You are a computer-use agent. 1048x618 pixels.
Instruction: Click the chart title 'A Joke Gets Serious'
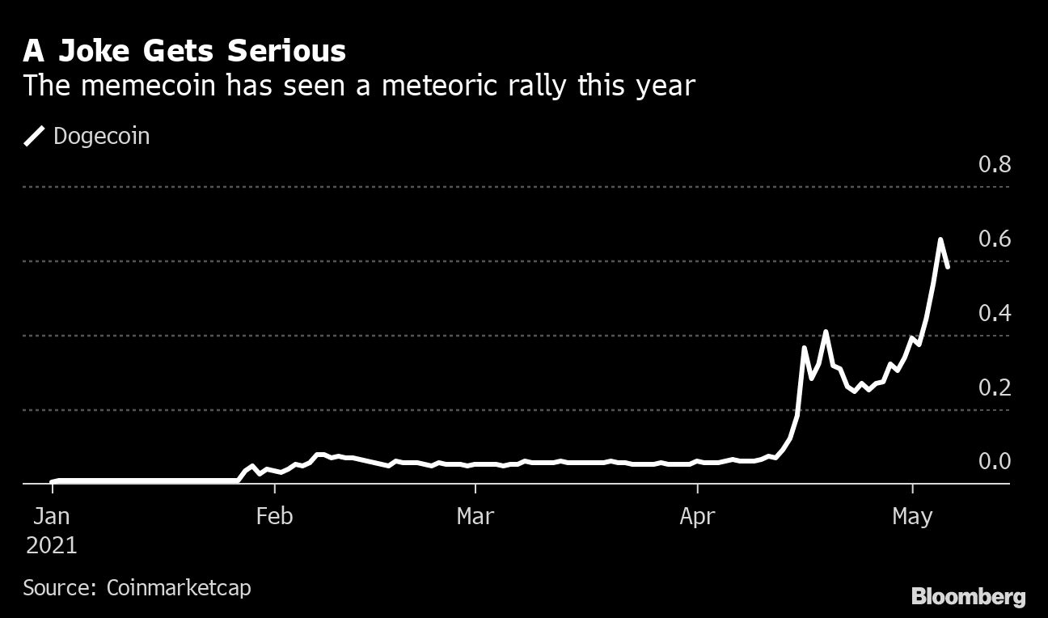point(184,51)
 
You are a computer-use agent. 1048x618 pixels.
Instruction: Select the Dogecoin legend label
point(101,136)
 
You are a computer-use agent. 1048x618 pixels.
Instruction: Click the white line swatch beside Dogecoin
point(36,136)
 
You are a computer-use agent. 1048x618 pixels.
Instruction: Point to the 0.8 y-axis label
point(994,165)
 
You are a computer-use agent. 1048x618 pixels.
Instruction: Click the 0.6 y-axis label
point(994,239)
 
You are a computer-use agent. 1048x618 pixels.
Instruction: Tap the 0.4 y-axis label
point(994,314)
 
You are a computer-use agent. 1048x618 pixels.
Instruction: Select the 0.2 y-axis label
point(994,388)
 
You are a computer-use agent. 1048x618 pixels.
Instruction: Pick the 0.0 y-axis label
point(994,462)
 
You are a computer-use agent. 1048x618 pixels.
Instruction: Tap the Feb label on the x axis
point(274,516)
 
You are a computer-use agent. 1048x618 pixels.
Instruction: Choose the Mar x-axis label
point(475,516)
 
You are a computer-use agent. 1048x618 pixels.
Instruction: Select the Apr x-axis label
point(697,516)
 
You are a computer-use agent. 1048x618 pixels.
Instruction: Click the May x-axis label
point(913,516)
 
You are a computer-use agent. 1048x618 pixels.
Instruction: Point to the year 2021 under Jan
point(52,545)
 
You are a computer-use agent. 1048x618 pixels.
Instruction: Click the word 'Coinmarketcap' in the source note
point(179,587)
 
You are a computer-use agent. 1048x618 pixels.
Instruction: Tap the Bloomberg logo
point(968,597)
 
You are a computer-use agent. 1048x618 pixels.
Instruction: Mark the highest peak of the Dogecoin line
point(940,239)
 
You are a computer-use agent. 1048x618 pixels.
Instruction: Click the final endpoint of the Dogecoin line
point(947,265)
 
